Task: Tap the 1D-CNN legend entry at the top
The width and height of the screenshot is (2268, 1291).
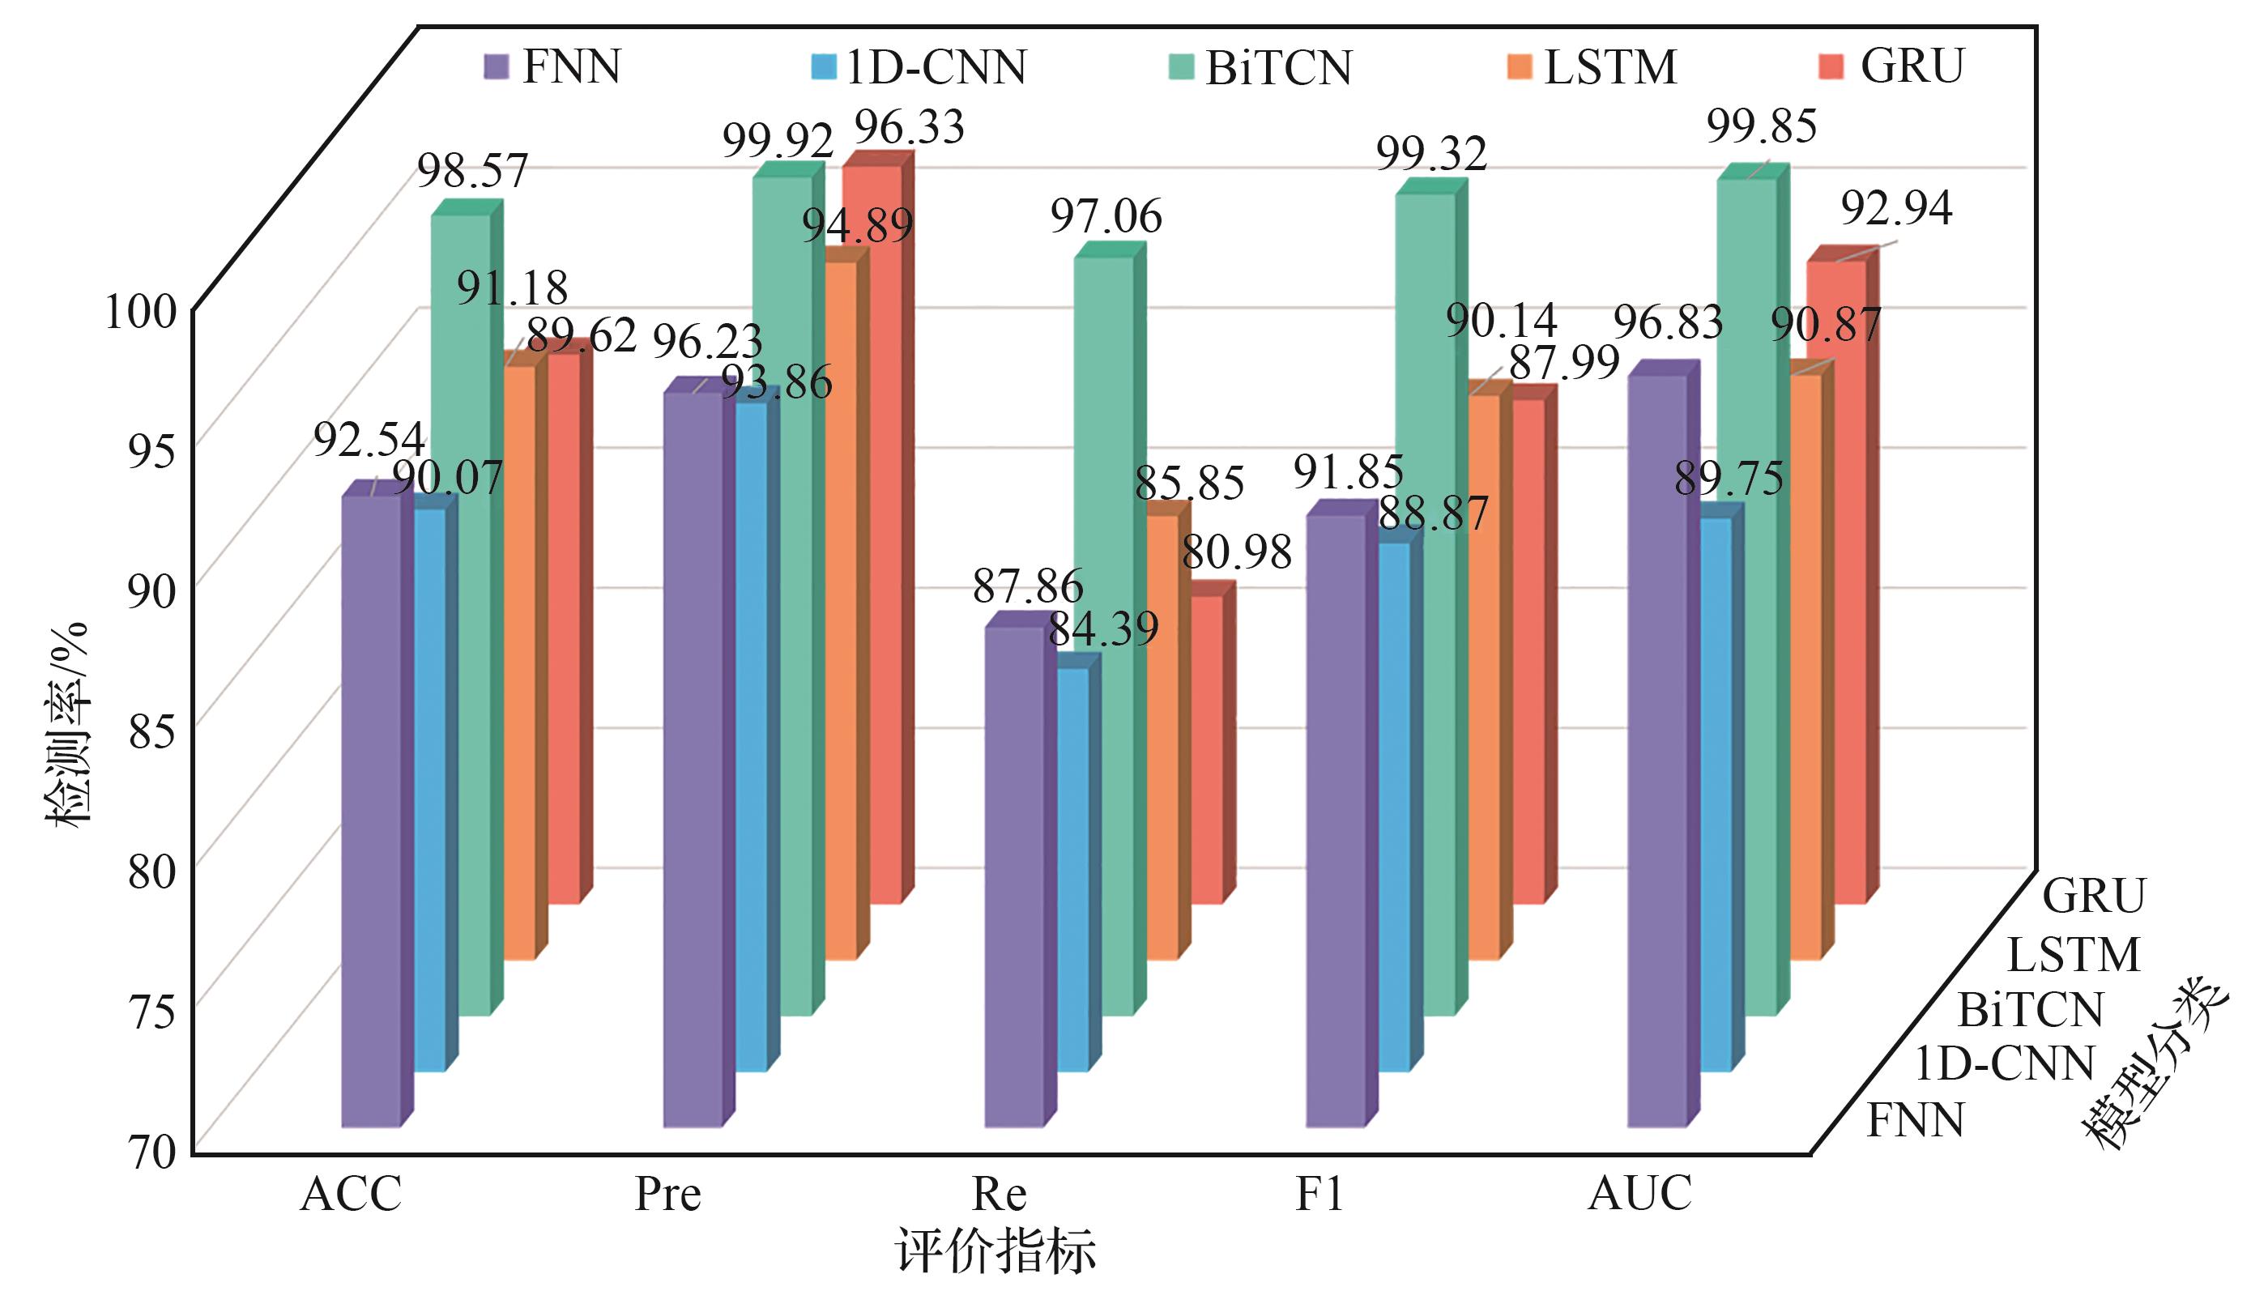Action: click(920, 67)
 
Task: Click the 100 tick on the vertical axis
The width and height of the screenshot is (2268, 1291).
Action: click(142, 311)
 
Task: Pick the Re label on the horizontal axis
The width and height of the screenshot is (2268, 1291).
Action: click(1000, 1194)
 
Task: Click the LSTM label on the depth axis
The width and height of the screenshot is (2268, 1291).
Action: click(2073, 956)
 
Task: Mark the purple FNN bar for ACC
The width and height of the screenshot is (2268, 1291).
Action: click(371, 812)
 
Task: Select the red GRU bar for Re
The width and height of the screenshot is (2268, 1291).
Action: click(1207, 749)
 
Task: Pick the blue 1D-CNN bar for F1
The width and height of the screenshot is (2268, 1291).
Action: click(1395, 807)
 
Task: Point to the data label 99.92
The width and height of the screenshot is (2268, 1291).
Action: click(778, 140)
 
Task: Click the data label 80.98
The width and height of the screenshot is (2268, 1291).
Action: click(1237, 552)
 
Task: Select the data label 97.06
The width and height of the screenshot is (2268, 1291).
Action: click(1106, 216)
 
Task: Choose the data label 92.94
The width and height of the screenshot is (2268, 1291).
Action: click(1896, 208)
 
